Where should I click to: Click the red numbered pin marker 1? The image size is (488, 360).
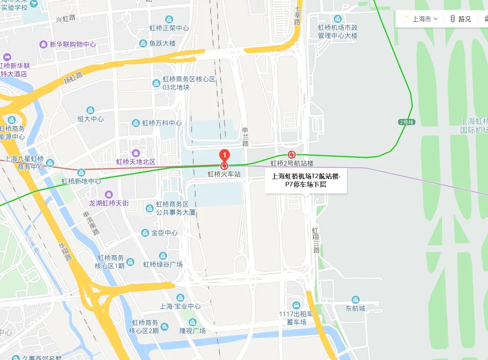point(224,155)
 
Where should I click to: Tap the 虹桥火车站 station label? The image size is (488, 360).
point(224,174)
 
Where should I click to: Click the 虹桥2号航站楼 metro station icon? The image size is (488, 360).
point(292,154)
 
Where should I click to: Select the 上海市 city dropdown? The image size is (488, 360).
point(421,19)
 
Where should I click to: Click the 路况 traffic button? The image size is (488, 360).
point(460,19)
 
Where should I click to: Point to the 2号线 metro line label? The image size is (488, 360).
point(407,122)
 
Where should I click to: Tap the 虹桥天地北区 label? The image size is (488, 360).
point(135,162)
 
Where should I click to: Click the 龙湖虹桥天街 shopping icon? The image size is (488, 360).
point(109,195)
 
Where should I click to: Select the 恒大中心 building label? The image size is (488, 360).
point(90,119)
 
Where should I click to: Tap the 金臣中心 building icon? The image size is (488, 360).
point(145,233)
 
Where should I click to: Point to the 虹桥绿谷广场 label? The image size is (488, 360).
point(163,264)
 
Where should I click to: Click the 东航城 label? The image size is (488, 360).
point(356,308)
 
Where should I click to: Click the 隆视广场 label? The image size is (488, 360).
point(192,331)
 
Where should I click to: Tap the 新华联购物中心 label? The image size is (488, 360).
point(73,44)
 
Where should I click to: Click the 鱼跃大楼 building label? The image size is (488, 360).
point(162,43)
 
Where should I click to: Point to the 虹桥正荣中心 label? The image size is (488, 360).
point(169,28)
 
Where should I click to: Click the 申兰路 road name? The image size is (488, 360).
point(245,137)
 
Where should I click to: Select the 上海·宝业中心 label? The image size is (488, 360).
point(180,306)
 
